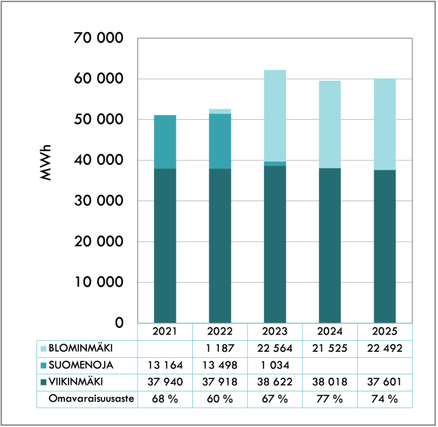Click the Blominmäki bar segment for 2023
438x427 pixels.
coord(275,116)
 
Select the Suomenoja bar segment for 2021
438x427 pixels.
coord(165,142)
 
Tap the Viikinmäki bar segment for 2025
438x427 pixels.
coord(385,246)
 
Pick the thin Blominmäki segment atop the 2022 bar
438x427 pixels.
coord(220,111)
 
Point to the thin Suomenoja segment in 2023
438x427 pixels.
coord(275,164)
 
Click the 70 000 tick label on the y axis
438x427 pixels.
coord(99,38)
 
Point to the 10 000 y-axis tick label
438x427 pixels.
coord(99,282)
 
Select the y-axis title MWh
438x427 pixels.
coord(46,163)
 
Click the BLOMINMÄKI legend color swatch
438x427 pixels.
coord(43,348)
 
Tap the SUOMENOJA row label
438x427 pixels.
coord(81,365)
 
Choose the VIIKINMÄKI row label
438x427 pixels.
coord(76,382)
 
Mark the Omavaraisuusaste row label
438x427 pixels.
coord(91,398)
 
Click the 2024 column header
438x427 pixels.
coord(330,331)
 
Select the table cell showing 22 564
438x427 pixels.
coord(275,348)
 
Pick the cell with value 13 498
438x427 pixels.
coord(220,365)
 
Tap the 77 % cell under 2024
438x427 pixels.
coord(330,399)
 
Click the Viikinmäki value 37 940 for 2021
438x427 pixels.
coord(165,382)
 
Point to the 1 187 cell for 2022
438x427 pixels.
coord(220,348)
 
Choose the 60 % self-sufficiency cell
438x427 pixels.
coord(220,399)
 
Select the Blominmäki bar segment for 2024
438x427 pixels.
coord(330,125)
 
